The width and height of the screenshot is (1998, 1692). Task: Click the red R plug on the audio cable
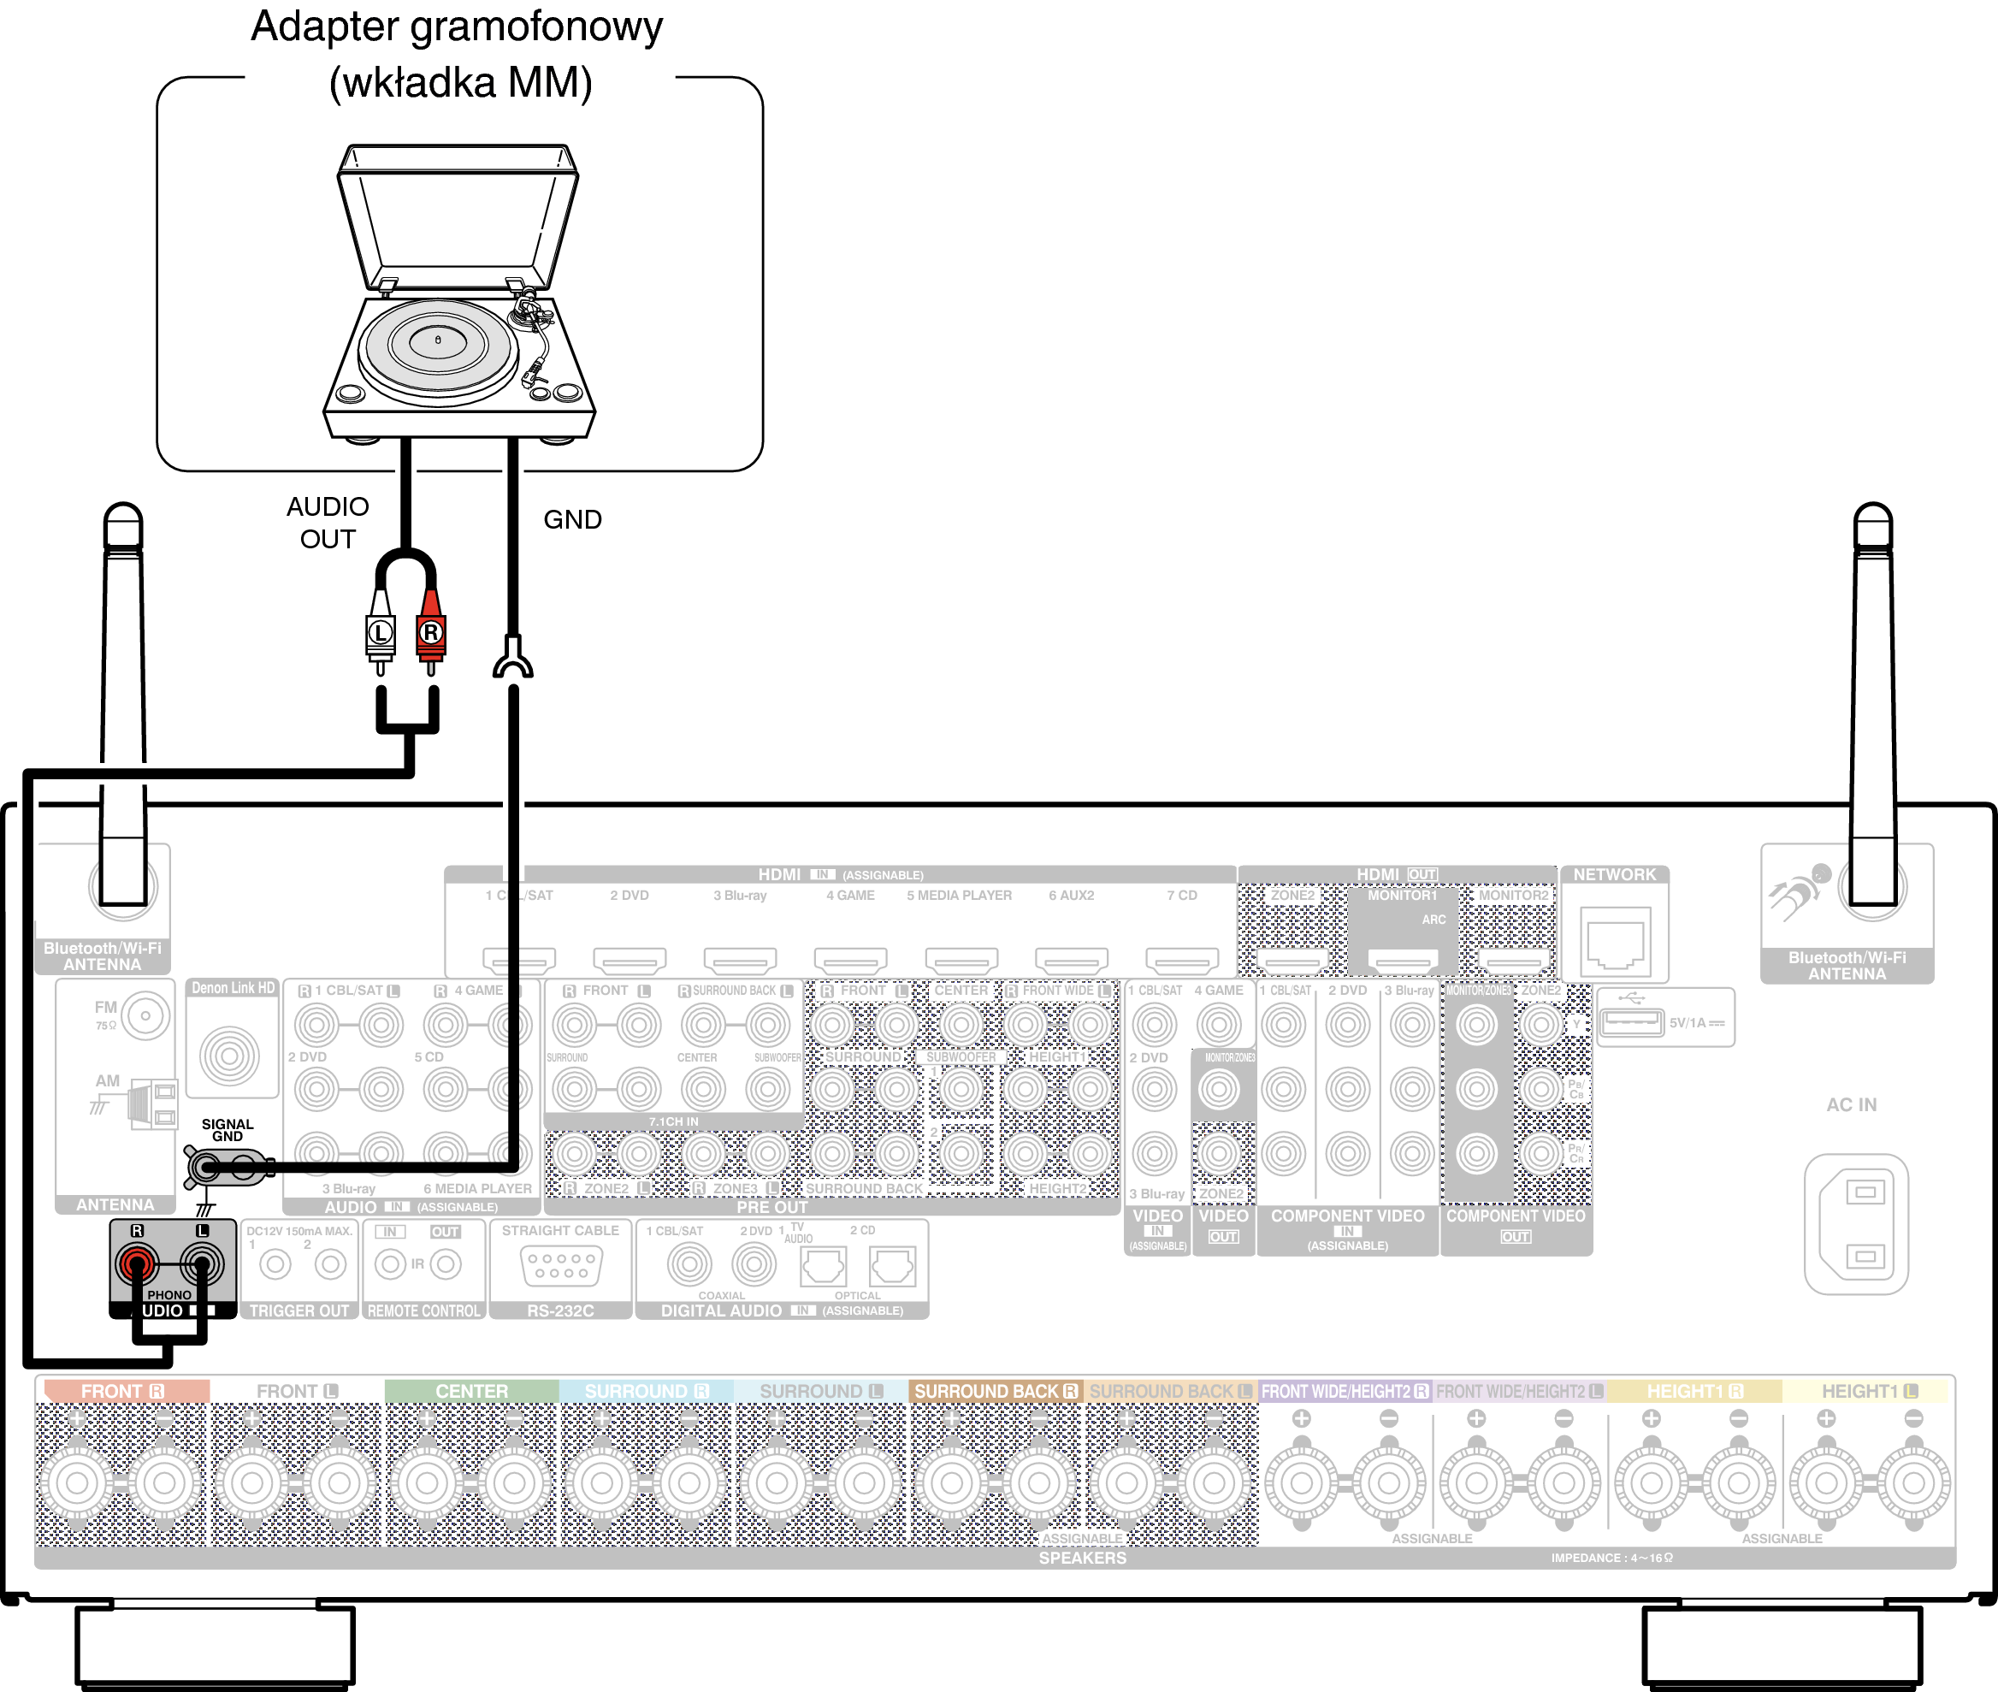coord(431,631)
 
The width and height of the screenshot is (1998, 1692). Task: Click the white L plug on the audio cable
coord(381,631)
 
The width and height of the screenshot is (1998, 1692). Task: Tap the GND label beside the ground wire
coord(573,520)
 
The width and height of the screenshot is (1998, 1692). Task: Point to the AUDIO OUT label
coord(328,523)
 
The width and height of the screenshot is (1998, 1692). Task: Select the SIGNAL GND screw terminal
coord(205,1168)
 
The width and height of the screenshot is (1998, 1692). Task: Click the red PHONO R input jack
coord(137,1263)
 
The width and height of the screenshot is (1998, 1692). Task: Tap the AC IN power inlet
coord(1855,1224)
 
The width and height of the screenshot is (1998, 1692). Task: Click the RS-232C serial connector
coord(561,1265)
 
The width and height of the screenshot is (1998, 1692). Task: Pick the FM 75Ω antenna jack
coord(145,1015)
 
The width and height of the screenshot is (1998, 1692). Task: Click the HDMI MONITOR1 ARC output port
coord(1403,958)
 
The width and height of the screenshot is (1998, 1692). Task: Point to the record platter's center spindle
coord(439,340)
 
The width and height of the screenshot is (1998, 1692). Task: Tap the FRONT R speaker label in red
coord(124,1391)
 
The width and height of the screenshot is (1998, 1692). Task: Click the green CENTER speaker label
coord(472,1391)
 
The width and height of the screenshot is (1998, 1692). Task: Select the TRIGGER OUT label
coord(299,1310)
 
